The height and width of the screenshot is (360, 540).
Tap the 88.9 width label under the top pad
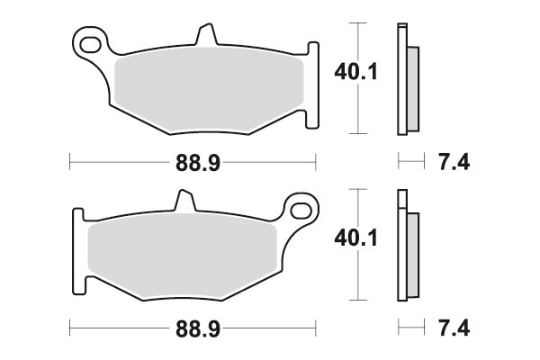(191, 163)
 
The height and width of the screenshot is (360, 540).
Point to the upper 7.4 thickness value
(451, 163)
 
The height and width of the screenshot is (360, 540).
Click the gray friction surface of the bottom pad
(180, 256)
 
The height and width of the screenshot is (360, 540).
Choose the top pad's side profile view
(406, 79)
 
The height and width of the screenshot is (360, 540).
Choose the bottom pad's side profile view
(407, 247)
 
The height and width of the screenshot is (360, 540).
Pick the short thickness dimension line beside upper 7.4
(409, 163)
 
